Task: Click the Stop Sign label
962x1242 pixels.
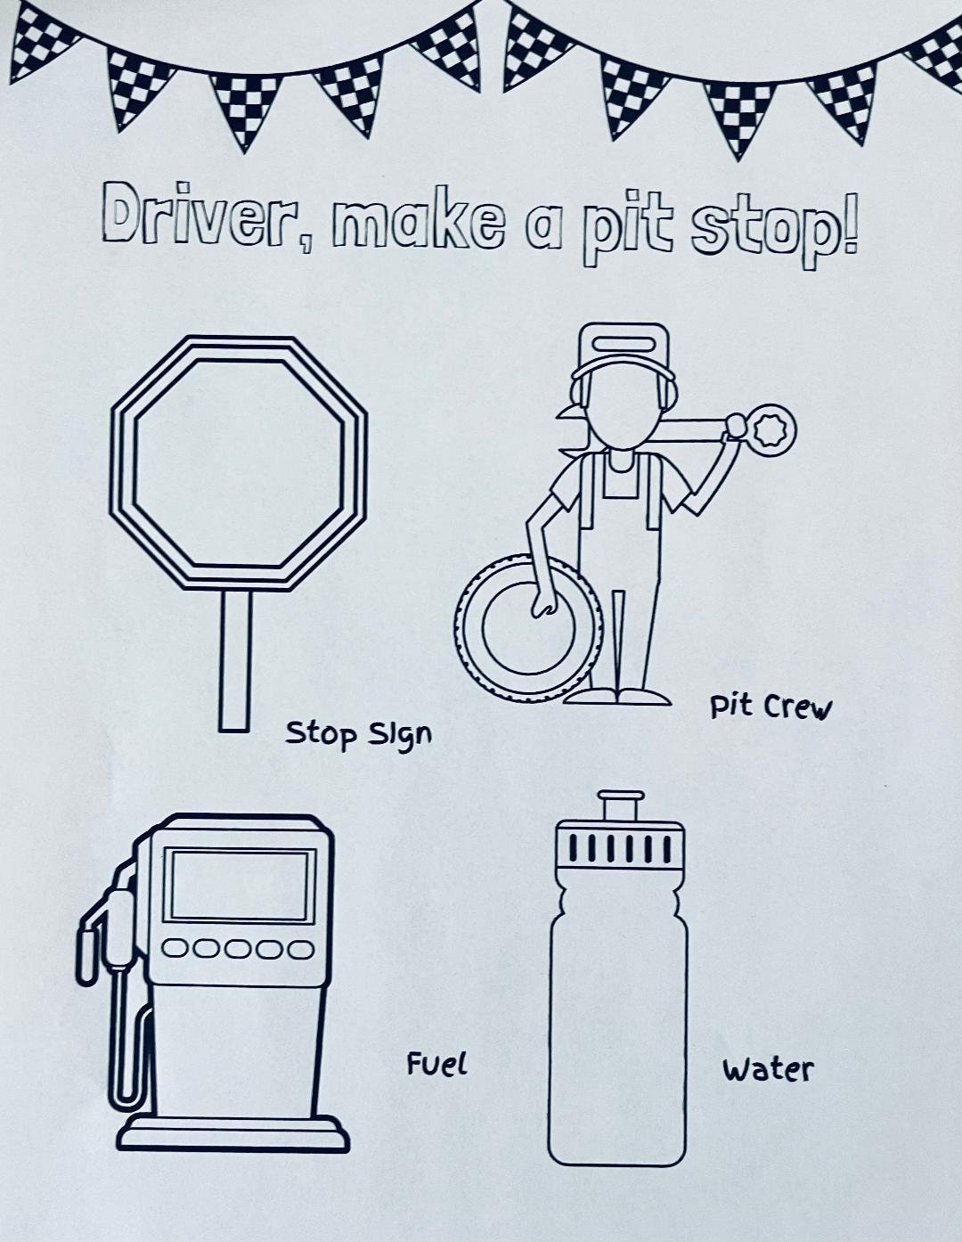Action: click(x=358, y=734)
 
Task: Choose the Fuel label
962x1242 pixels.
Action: click(x=437, y=1064)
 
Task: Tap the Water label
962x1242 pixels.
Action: click(x=769, y=1069)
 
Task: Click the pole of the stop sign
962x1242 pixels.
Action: click(x=235, y=661)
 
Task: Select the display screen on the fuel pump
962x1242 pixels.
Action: click(x=240, y=886)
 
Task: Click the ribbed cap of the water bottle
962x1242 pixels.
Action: click(x=620, y=851)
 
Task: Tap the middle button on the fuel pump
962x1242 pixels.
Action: click(x=238, y=950)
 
